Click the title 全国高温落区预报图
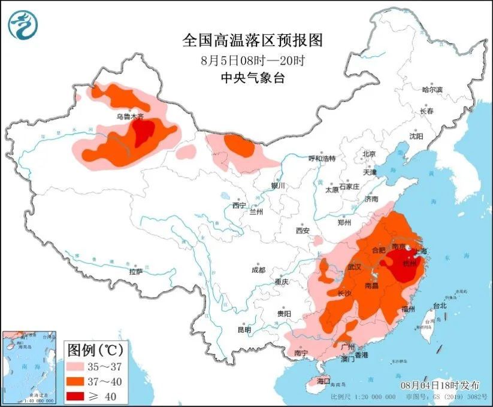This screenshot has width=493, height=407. [252, 41]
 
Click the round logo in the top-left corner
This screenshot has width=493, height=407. [23, 25]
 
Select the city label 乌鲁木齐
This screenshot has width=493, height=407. [130, 117]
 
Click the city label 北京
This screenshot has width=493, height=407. [368, 154]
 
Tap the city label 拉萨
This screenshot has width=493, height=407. [136, 271]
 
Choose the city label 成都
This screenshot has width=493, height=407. [258, 270]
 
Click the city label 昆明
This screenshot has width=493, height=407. [244, 330]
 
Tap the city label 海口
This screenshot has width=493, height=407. [323, 381]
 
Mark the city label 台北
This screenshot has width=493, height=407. [440, 306]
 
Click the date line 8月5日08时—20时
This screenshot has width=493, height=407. [252, 60]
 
